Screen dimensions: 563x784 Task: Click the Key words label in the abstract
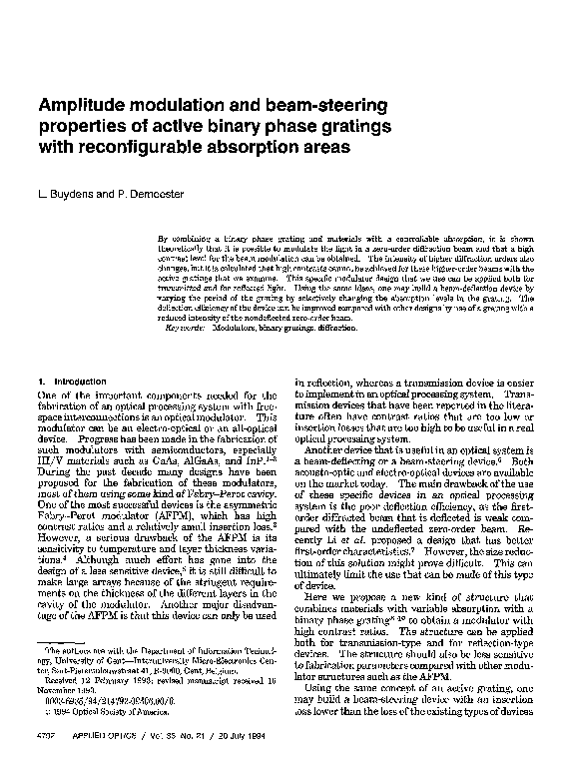pyautogui.click(x=184, y=326)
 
